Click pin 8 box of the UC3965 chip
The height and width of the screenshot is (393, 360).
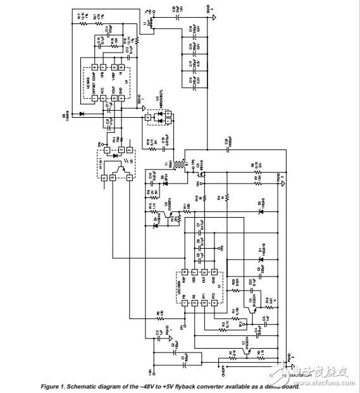(x=94, y=67)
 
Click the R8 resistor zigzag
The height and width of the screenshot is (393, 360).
(x=256, y=168)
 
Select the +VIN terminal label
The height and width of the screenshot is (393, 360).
(x=151, y=371)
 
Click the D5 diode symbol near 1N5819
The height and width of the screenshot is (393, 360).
(x=81, y=114)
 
